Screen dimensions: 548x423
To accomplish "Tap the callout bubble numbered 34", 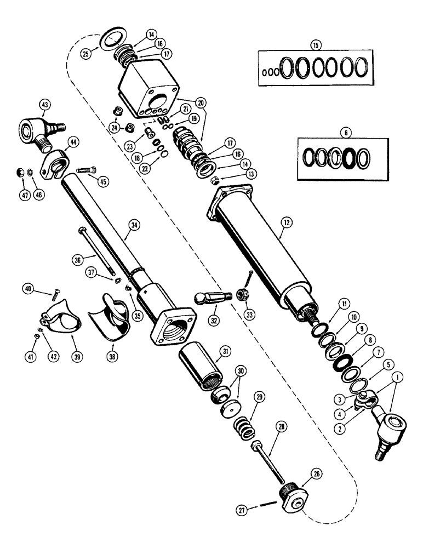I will tap(132, 224).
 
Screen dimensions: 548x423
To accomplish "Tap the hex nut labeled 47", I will tap(18, 173).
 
